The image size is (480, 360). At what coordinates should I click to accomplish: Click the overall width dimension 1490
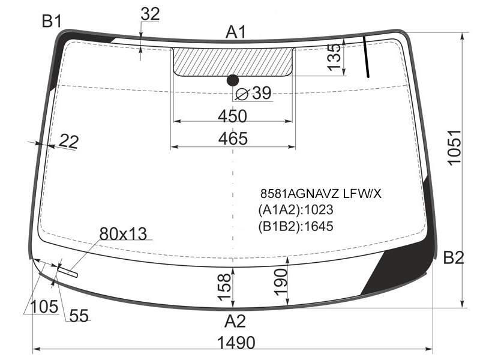pos(236,342)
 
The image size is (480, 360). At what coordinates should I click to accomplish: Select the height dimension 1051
pos(454,148)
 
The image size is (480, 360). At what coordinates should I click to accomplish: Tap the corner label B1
pos(52,22)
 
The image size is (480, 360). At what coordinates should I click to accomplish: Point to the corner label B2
pos(454,258)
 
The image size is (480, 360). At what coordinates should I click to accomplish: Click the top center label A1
pos(236,32)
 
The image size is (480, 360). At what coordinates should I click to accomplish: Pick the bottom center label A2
pos(235,322)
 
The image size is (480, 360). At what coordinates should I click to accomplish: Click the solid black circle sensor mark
pos(233,80)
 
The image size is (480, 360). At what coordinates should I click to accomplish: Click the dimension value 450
pos(232,116)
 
